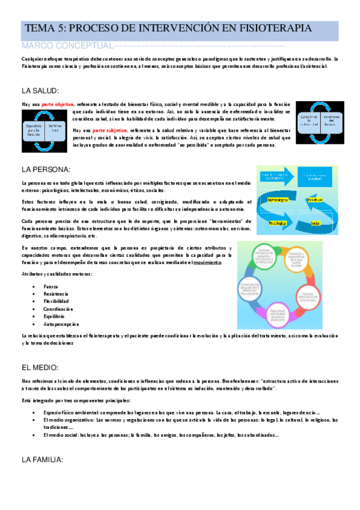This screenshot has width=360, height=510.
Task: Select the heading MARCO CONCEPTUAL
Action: click(x=66, y=46)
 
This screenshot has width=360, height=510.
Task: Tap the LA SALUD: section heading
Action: click(x=40, y=91)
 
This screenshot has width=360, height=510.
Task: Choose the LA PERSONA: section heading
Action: click(x=46, y=169)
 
